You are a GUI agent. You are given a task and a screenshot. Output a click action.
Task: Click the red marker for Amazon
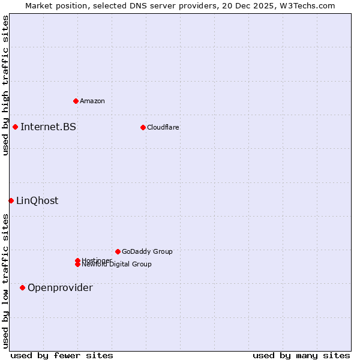pos(76,101)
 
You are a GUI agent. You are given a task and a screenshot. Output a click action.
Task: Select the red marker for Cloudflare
pos(143,127)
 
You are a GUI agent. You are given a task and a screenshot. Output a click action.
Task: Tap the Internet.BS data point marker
pos(15,127)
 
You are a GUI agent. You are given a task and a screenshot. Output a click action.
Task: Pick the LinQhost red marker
pos(11,200)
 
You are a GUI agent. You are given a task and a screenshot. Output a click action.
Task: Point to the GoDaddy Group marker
pos(118,251)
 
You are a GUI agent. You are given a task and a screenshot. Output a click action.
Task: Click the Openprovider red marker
pos(22,287)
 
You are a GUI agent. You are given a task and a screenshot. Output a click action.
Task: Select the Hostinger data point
pos(77,260)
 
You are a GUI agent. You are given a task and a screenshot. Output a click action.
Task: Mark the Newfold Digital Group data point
pos(77,265)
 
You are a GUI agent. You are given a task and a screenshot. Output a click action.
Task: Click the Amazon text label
pos(92,101)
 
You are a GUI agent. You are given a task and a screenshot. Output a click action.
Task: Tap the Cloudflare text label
pos(163,127)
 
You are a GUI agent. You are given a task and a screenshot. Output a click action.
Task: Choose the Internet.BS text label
pos(48,127)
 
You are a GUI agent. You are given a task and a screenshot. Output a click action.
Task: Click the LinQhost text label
pos(37,201)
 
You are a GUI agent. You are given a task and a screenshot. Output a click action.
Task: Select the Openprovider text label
pos(60,288)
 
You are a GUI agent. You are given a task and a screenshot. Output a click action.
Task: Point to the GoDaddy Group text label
pos(147,251)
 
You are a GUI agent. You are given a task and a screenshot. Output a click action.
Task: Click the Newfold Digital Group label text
pos(117,265)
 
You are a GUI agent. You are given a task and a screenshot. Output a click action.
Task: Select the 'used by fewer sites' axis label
pos(62,355)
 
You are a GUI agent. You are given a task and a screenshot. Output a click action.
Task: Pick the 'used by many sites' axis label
pos(301,355)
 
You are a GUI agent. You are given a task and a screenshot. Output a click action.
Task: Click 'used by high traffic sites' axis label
pos(5,85)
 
